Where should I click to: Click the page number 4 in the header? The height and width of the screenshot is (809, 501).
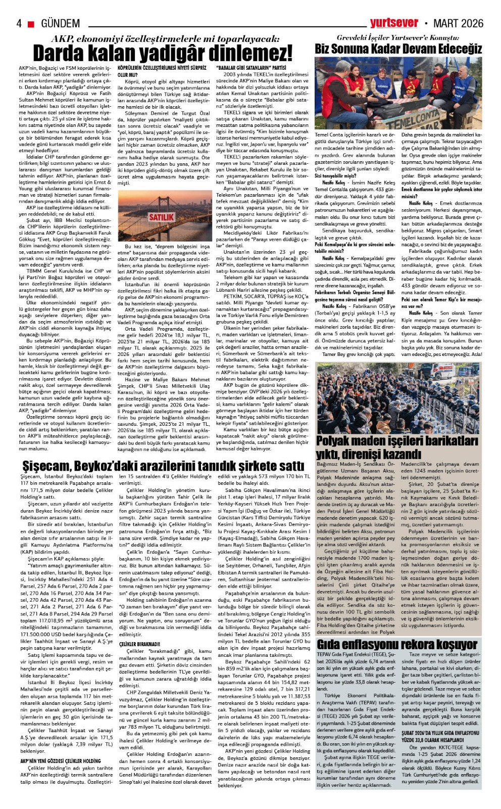(x=19, y=24)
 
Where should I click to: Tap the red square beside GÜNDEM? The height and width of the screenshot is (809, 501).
(x=31, y=24)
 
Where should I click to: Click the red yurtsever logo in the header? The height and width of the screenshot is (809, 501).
(x=393, y=23)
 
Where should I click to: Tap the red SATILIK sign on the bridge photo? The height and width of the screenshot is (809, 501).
(x=161, y=217)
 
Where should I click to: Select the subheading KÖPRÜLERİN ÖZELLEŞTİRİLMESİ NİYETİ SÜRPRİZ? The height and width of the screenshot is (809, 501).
(x=162, y=68)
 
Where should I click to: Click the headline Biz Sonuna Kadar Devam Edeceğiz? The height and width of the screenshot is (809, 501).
(x=398, y=49)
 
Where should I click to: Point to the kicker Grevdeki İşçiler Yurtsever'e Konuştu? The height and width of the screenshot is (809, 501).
(x=397, y=38)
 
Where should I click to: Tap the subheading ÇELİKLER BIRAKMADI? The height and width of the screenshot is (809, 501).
(x=139, y=644)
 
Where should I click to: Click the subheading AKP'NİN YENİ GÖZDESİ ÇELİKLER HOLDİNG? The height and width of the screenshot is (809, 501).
(x=60, y=761)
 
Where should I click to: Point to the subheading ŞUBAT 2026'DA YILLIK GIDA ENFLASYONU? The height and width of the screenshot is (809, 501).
(x=440, y=733)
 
